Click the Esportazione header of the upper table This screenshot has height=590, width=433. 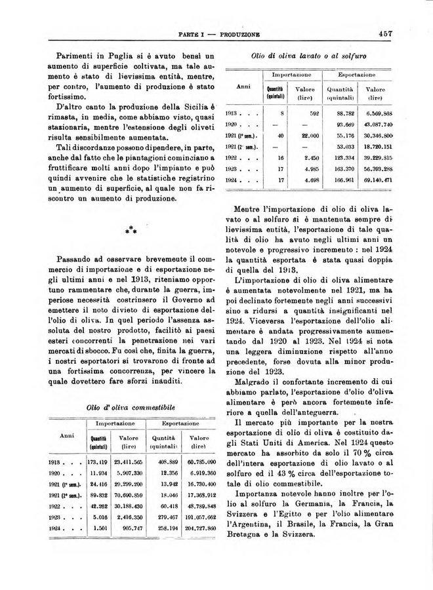pyautogui.click(x=357, y=76)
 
